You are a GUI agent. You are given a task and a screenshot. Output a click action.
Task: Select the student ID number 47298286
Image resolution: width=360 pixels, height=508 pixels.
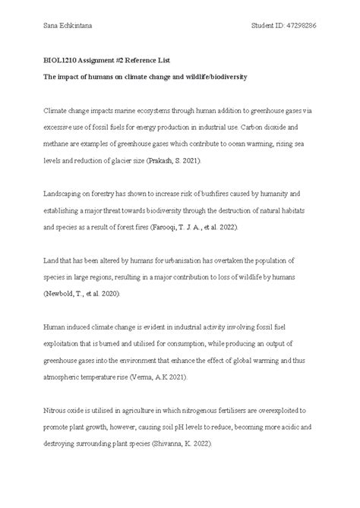click(298, 26)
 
